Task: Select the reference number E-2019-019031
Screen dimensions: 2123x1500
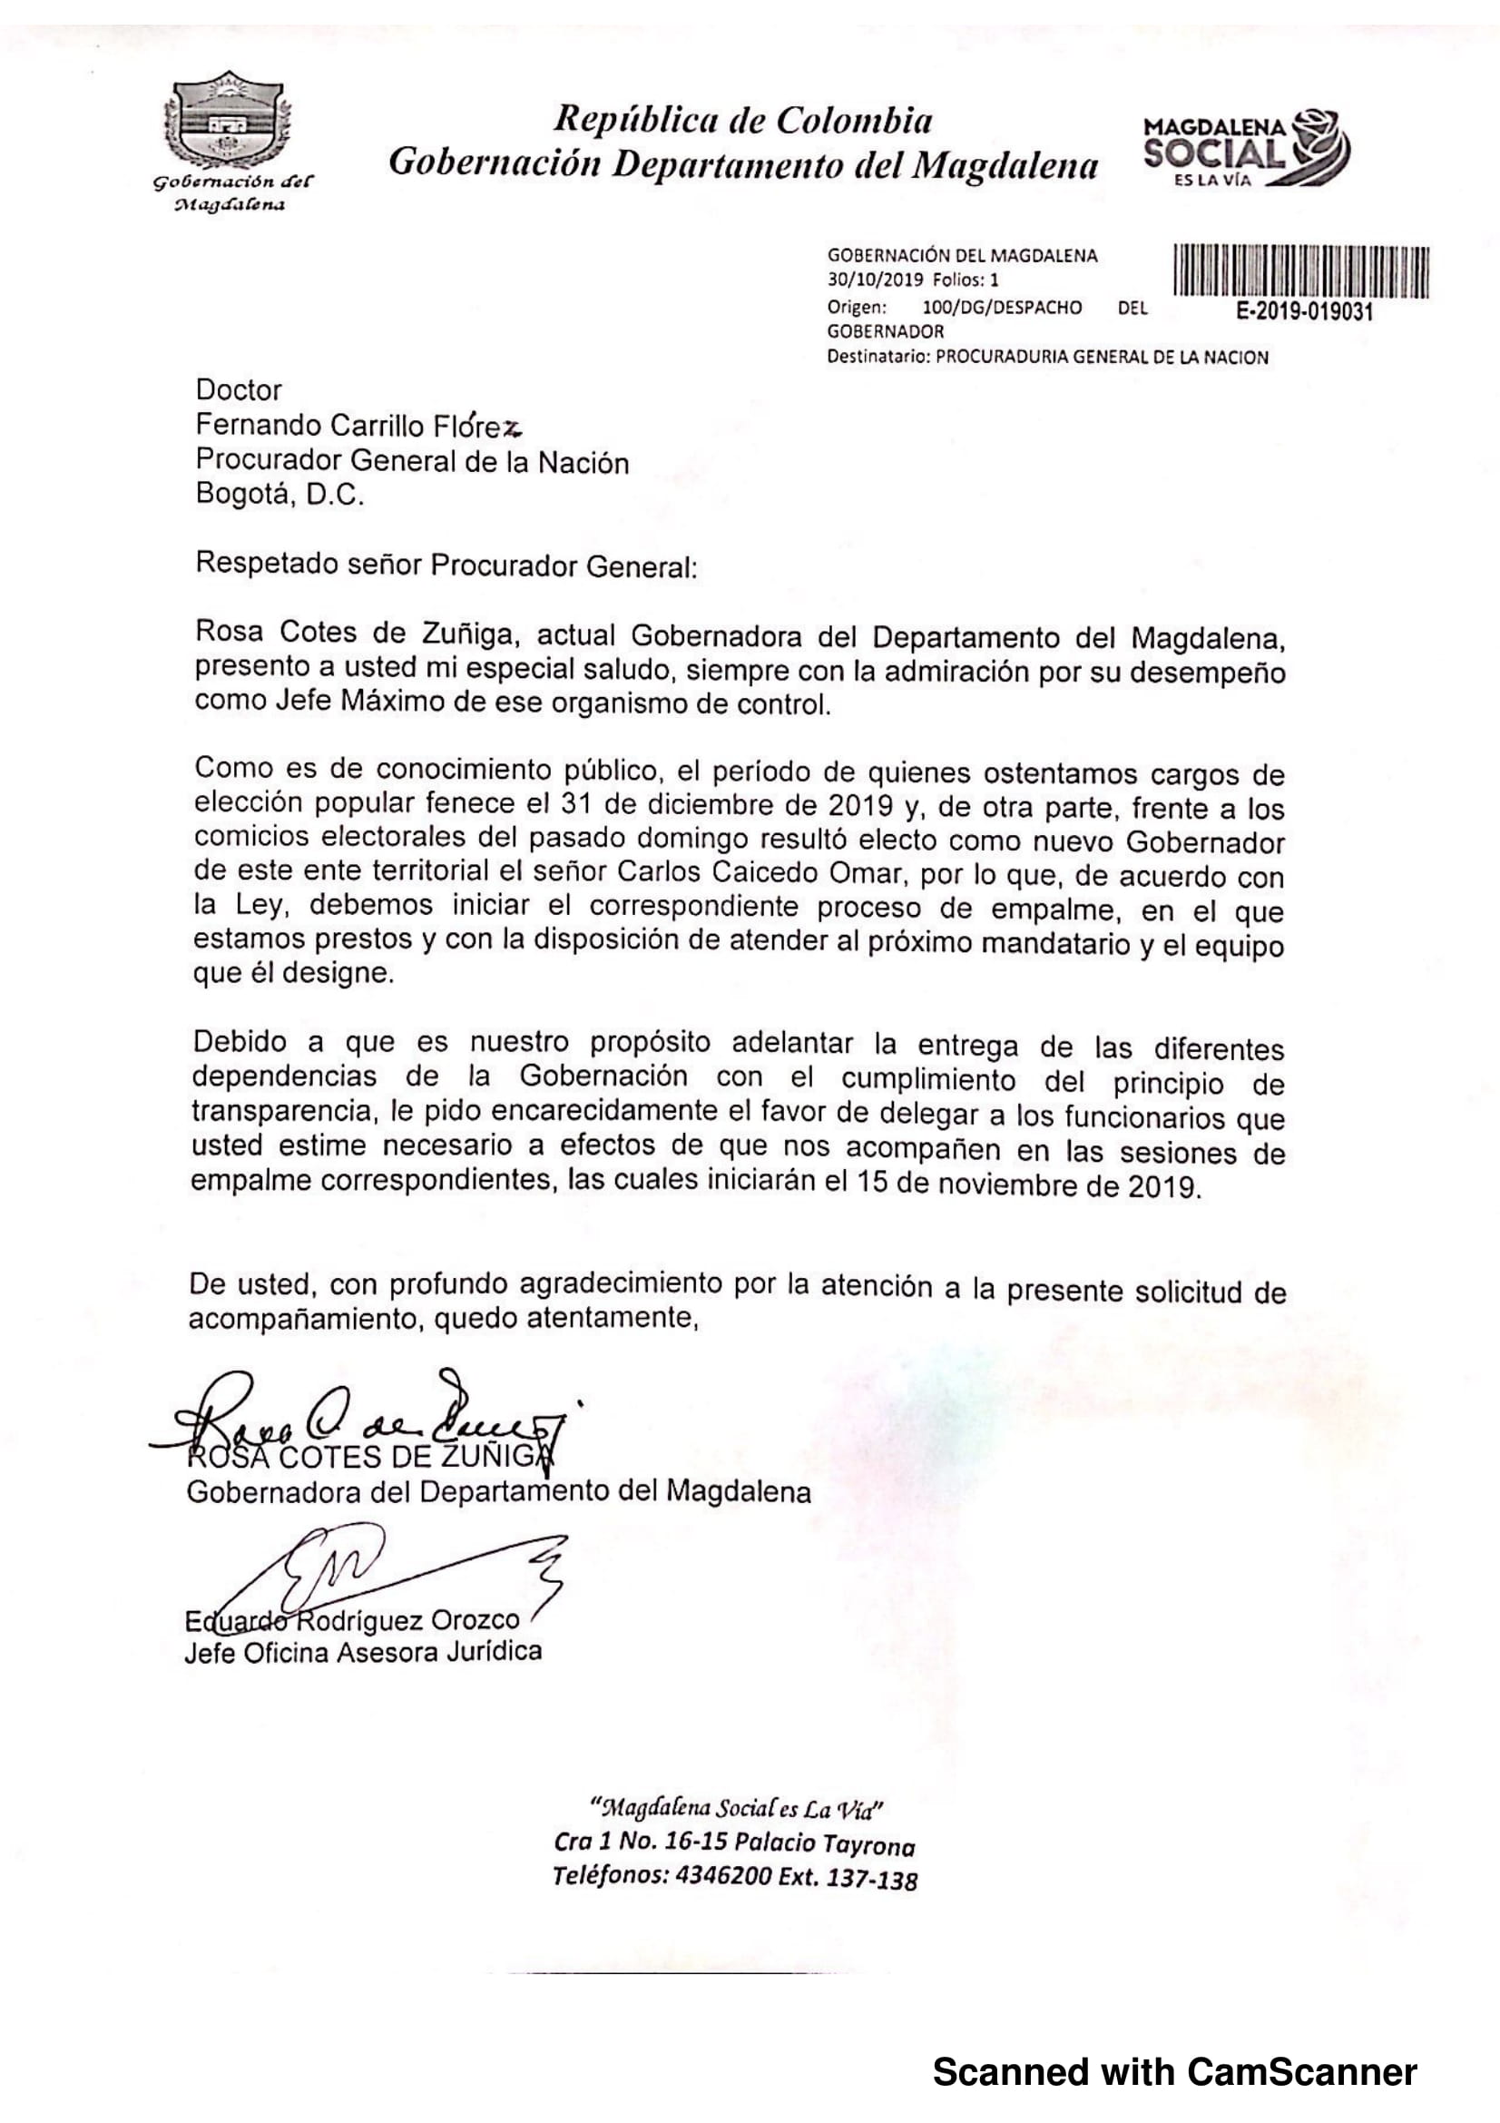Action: [x=1304, y=311]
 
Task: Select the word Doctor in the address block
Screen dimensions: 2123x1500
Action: [x=239, y=390]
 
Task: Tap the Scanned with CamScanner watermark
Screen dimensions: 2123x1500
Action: [x=1173, y=2071]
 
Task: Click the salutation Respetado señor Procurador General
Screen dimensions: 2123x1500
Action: [x=446, y=565]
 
